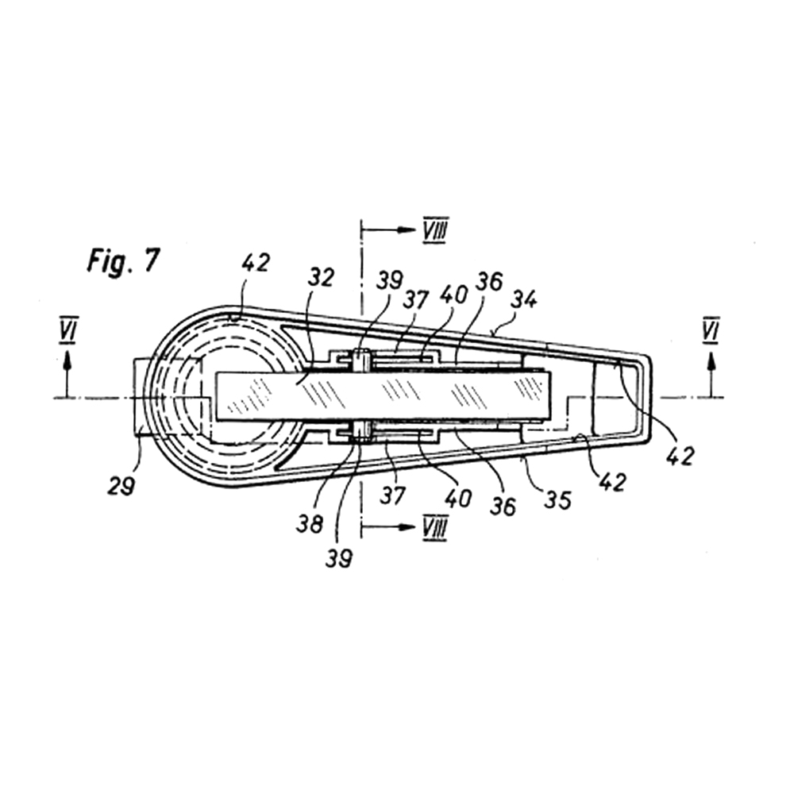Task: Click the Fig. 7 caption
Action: pyautogui.click(x=124, y=262)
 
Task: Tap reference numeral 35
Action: pyautogui.click(x=557, y=499)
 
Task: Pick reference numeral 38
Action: pyautogui.click(x=310, y=524)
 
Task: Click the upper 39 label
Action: pyautogui.click(x=390, y=279)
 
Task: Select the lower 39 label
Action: pyautogui.click(x=338, y=558)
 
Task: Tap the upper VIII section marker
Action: pyautogui.click(x=435, y=230)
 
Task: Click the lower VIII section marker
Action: pyautogui.click(x=434, y=528)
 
